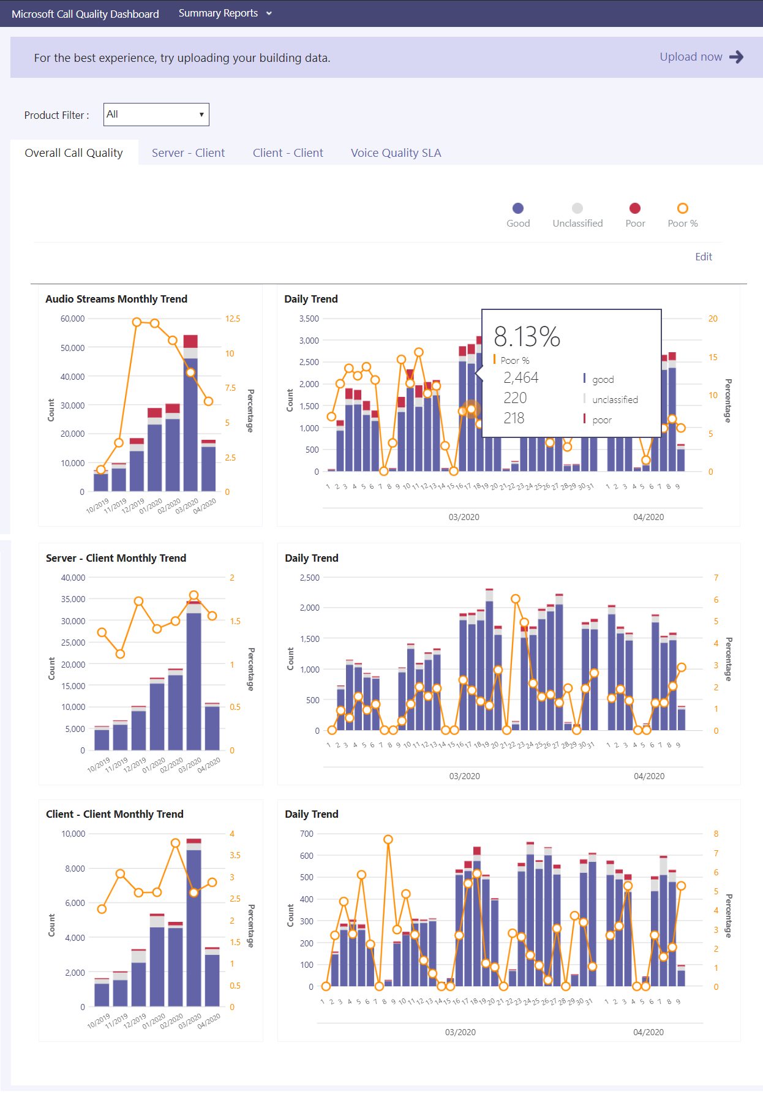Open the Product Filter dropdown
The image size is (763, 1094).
pyautogui.click(x=156, y=115)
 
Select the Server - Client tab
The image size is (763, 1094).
pyautogui.click(x=188, y=153)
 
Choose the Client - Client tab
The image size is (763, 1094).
pyautogui.click(x=288, y=153)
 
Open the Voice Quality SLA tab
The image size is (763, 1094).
pyautogui.click(x=396, y=153)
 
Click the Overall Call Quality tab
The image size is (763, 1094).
pyautogui.click(x=73, y=153)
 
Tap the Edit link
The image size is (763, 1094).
pyautogui.click(x=703, y=257)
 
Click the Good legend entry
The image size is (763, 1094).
pyautogui.click(x=518, y=215)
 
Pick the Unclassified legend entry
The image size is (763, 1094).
pyautogui.click(x=577, y=215)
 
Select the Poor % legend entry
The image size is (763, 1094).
pyautogui.click(x=683, y=215)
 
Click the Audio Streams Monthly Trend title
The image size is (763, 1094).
pyautogui.click(x=116, y=299)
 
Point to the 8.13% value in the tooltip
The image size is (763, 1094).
pyautogui.click(x=527, y=336)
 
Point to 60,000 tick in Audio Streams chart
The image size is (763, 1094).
pyautogui.click(x=72, y=319)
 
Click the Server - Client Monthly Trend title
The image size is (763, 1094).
pyautogui.click(x=116, y=558)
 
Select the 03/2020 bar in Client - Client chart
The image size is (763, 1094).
pyautogui.click(x=194, y=925)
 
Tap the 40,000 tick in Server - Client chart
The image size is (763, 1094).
pyautogui.click(x=73, y=578)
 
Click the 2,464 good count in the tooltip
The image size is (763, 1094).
pyautogui.click(x=521, y=378)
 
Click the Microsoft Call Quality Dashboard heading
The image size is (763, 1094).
pyautogui.click(x=85, y=14)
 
